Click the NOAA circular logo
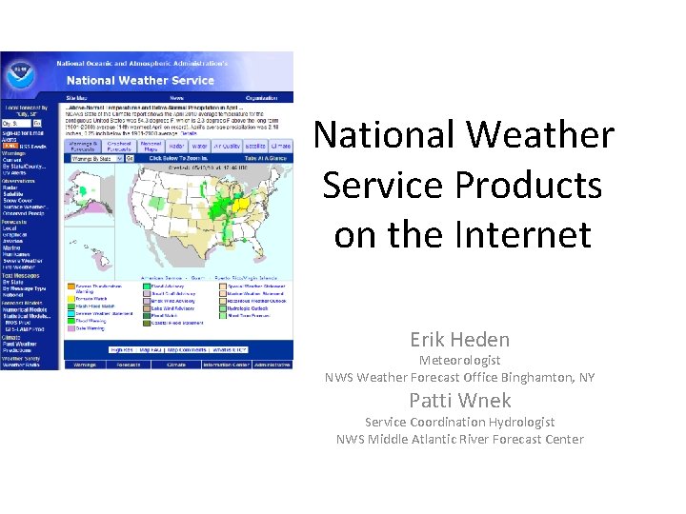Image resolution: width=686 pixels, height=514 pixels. [20, 72]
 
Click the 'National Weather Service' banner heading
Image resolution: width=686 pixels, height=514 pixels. [139, 81]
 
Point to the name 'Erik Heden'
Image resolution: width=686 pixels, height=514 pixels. [459, 339]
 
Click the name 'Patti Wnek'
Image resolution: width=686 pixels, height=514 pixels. [459, 400]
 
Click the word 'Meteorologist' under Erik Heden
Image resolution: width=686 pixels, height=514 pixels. [459, 360]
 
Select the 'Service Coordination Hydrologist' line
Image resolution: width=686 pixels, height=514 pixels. [459, 422]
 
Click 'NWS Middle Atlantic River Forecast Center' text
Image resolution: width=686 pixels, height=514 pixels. [459, 439]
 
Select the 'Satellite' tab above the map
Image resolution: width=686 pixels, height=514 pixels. [255, 147]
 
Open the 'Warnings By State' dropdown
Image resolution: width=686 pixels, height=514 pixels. [91, 159]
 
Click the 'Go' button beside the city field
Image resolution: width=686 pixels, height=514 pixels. [37, 123]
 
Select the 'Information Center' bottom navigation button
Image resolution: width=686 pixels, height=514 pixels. [226, 364]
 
